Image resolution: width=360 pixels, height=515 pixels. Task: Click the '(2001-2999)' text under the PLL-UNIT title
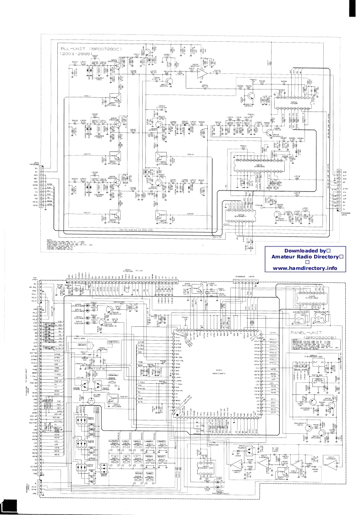[76, 54]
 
